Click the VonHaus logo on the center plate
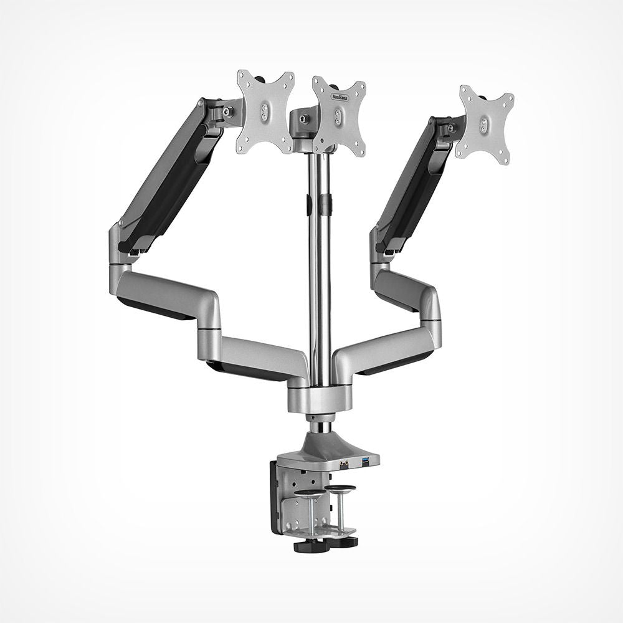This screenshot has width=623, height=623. click(x=340, y=98)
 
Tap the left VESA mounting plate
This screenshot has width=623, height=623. click(x=265, y=112)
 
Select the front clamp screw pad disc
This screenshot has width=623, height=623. click(x=309, y=494)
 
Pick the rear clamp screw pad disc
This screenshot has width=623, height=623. click(x=340, y=488)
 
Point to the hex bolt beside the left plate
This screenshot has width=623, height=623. click(x=229, y=112)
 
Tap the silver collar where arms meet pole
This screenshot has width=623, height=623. click(x=319, y=398)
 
